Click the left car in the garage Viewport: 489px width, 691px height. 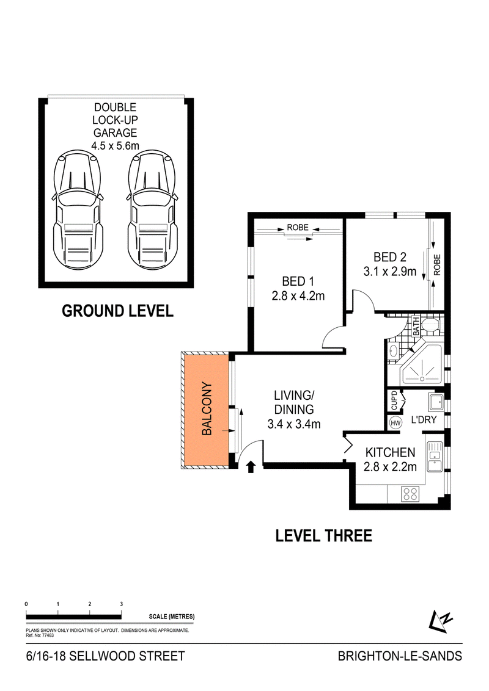click(x=77, y=212)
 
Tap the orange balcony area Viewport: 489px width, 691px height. click(x=206, y=410)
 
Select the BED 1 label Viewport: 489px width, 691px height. click(x=298, y=281)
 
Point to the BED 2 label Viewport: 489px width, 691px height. click(x=390, y=257)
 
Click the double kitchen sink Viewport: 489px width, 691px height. click(x=435, y=457)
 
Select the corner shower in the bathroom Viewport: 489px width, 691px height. click(x=422, y=365)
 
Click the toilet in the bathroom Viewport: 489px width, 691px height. click(x=430, y=325)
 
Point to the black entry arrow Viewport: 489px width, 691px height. click(x=251, y=467)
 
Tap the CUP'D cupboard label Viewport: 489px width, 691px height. click(x=394, y=400)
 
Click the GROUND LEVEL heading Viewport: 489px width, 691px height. click(x=117, y=311)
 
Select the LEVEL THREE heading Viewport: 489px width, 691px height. click(x=323, y=536)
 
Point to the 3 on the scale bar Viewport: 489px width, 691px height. click(x=122, y=604)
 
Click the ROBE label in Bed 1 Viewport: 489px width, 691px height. click(x=298, y=228)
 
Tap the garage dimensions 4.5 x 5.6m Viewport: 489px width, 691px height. click(x=115, y=145)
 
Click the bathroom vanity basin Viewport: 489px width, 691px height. click(x=393, y=352)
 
